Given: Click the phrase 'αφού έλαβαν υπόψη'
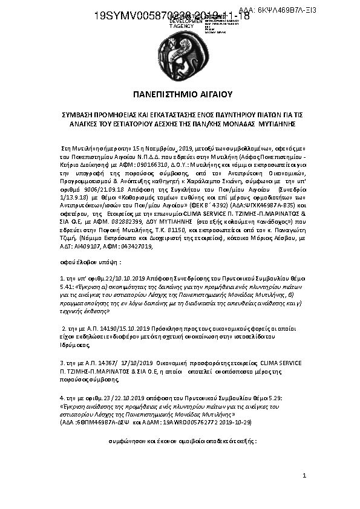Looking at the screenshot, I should [x=91, y=263].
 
